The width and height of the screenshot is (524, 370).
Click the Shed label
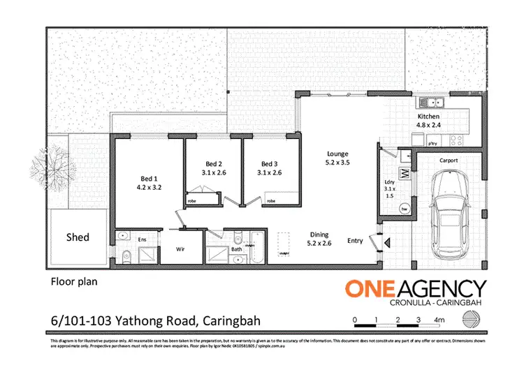tap(78, 237)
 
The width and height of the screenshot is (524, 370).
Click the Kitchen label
tap(428, 116)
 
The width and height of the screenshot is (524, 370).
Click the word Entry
tap(356, 241)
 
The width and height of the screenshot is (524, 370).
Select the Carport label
tap(449, 161)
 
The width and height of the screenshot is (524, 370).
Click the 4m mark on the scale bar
tap(439, 320)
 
